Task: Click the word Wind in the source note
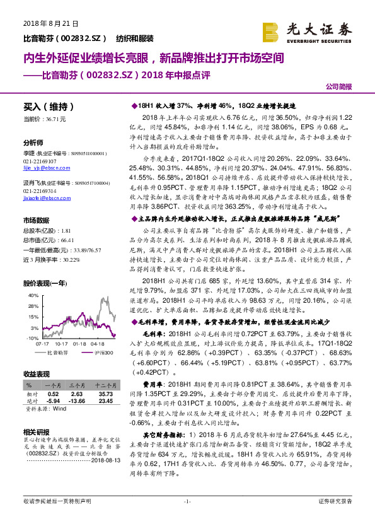click(x=58, y=408)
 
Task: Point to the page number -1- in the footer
click(x=187, y=501)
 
